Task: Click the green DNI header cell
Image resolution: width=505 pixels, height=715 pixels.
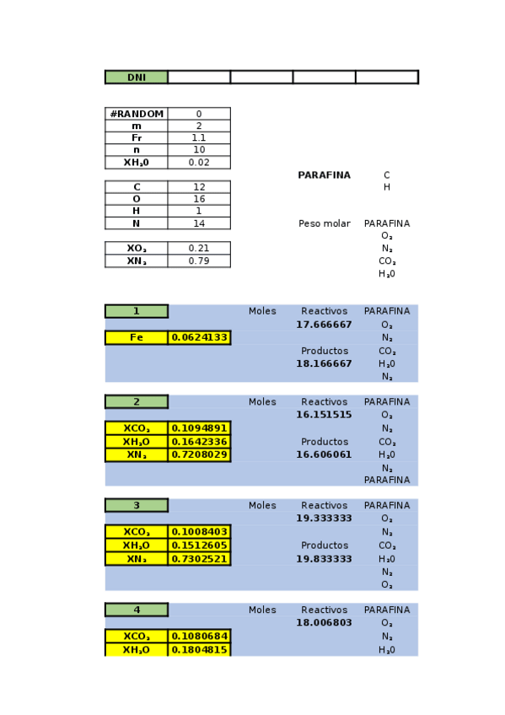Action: (x=136, y=78)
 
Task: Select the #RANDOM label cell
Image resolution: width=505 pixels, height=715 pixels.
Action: (x=136, y=114)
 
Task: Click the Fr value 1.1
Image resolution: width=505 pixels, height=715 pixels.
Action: (x=199, y=137)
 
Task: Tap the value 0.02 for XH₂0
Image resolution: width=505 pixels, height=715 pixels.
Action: (x=199, y=163)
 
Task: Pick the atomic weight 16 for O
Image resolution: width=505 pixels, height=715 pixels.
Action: (x=199, y=199)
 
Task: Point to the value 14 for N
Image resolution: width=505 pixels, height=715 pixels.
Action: (x=199, y=223)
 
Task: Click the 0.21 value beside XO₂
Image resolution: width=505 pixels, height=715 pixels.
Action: (x=199, y=249)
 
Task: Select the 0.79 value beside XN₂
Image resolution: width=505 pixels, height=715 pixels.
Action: (x=199, y=261)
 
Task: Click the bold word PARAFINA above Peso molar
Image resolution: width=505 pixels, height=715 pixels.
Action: (x=324, y=175)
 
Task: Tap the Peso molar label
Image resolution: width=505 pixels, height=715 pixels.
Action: (x=324, y=223)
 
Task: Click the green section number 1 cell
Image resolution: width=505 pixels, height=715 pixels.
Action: (x=136, y=311)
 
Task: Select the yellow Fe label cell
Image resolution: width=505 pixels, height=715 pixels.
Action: (x=136, y=338)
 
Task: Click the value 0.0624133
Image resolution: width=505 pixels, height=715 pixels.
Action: (x=199, y=338)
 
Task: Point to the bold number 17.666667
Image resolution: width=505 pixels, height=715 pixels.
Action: (x=324, y=325)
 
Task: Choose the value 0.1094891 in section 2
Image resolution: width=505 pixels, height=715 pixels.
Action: (x=199, y=428)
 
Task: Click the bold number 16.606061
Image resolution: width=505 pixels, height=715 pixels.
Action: (x=324, y=454)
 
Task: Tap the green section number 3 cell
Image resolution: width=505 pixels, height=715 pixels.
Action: (x=136, y=506)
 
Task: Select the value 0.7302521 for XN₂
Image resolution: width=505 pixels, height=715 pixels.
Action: (x=199, y=559)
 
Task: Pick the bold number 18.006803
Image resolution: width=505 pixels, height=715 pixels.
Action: (x=324, y=623)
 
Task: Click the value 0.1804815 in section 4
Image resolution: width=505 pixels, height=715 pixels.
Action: (x=199, y=650)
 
